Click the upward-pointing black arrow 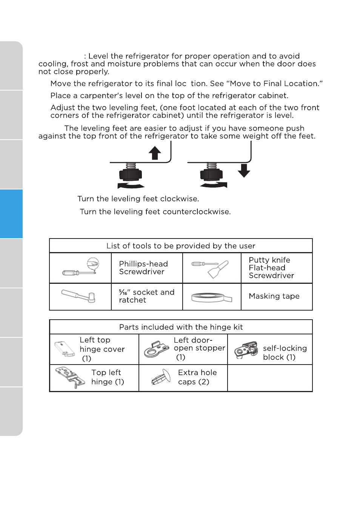(x=154, y=153)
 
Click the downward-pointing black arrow (x=244, y=170)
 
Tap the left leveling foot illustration (x=131, y=174)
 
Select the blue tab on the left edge (x=11, y=214)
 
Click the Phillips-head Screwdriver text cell (x=147, y=268)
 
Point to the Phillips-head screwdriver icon (x=81, y=268)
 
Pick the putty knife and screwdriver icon (x=211, y=268)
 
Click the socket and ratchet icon (x=80, y=296)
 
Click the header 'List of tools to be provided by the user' (x=181, y=246)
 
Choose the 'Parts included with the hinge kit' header (x=181, y=327)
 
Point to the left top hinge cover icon (x=65, y=349)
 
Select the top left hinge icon (x=70, y=378)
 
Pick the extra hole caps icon (x=161, y=378)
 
